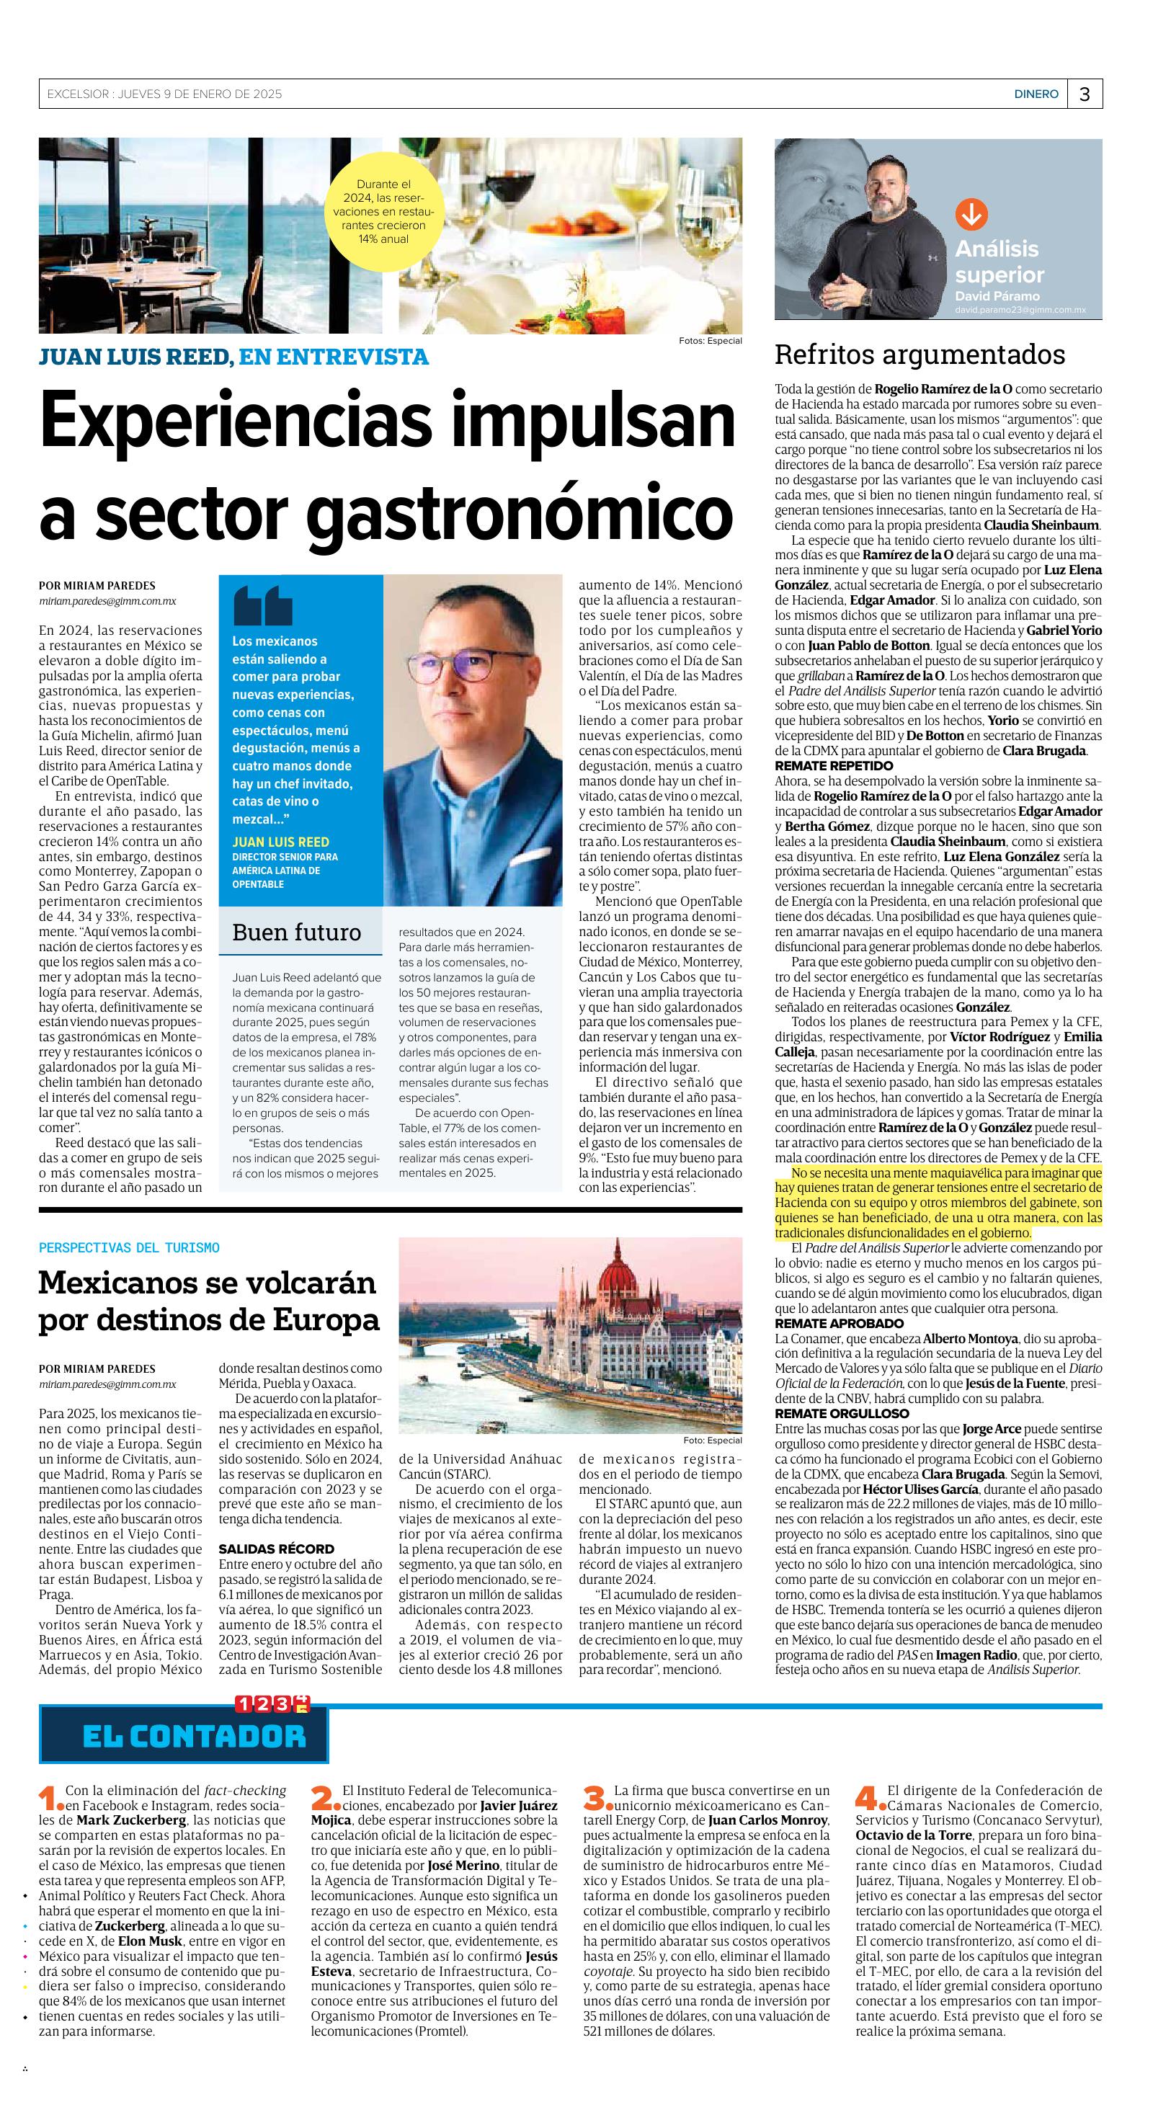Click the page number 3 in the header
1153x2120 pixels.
tap(1085, 94)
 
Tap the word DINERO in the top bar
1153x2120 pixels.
tap(1036, 94)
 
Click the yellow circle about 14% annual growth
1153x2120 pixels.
tap(383, 212)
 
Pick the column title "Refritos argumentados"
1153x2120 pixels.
tap(920, 355)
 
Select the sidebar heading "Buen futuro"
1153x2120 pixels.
tap(296, 932)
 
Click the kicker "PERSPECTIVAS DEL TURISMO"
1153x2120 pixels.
tap(129, 1247)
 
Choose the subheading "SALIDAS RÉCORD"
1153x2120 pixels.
tap(276, 1549)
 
